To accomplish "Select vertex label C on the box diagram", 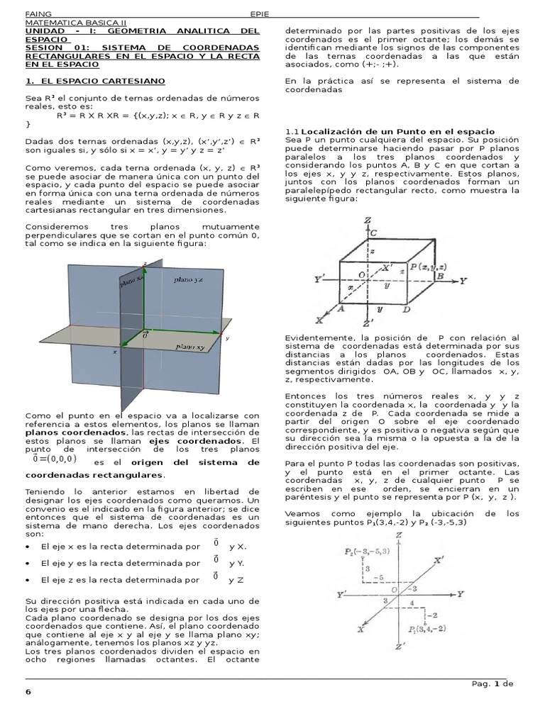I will (373, 233).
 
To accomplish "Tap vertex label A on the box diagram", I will (341, 309).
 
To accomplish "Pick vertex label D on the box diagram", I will (405, 309).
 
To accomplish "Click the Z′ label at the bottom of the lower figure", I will (400, 647).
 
